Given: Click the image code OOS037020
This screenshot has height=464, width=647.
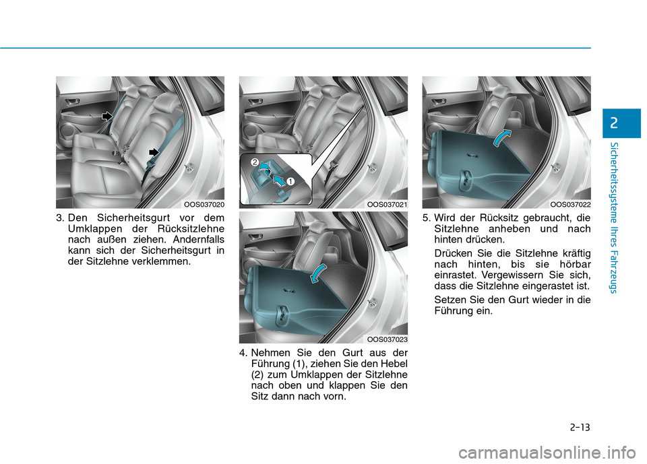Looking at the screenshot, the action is coord(204,205).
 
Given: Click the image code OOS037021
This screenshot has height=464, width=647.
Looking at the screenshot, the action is coord(387,205).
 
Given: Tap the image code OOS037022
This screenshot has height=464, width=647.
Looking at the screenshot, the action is coord(570,205).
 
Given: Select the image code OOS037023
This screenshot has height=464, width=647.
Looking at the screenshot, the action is coord(387,339).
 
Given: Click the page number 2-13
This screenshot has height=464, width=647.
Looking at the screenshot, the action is coord(580,427).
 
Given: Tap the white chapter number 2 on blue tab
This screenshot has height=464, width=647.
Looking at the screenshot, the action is coord(614,123).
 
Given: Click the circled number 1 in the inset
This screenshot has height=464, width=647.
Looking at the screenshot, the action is coord(290,181).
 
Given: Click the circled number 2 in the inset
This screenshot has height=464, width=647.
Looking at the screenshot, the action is coord(255,162).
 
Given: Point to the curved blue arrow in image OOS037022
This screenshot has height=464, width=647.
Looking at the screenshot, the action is coord(501,137).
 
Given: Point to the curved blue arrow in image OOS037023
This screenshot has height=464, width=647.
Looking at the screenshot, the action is coord(317,273).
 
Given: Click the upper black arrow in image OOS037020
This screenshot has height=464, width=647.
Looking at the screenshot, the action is coord(107,117).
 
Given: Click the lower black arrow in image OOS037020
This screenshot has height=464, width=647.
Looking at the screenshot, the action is coord(154,152).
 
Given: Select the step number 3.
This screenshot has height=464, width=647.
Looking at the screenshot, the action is coord(60,218).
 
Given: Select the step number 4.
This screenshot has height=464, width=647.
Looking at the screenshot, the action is coord(243,353).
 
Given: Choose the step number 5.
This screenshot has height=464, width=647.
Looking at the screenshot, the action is coord(427,218).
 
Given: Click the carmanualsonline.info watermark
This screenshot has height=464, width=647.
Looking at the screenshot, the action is coord(547,453).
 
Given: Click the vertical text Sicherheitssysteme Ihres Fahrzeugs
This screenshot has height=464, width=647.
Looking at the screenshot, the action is coord(614,218).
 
